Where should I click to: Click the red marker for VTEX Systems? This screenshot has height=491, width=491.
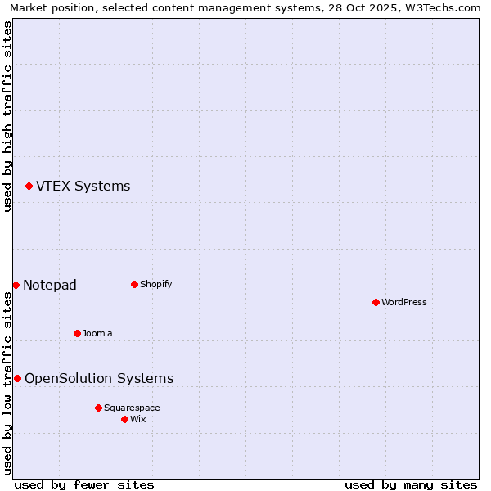(x=29, y=187)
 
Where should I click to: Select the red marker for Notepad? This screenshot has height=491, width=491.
(x=16, y=285)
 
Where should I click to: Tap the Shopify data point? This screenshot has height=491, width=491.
(x=134, y=285)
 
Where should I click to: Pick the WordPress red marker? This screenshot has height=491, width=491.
(x=376, y=303)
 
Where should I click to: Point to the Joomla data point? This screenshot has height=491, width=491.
(x=77, y=333)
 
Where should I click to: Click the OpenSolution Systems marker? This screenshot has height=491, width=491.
(x=17, y=378)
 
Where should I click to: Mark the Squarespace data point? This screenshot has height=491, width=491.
(x=98, y=408)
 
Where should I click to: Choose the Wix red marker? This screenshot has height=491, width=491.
(x=124, y=419)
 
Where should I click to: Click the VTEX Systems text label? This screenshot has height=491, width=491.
(x=83, y=187)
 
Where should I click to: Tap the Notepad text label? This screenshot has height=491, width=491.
(x=50, y=285)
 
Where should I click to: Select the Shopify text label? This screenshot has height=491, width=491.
(x=155, y=285)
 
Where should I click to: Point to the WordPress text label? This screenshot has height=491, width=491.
(x=403, y=303)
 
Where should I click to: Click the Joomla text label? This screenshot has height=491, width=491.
(x=97, y=333)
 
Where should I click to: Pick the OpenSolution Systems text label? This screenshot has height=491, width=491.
(x=99, y=378)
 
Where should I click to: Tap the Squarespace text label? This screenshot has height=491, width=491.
(x=132, y=408)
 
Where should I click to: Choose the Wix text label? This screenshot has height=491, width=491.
(x=137, y=419)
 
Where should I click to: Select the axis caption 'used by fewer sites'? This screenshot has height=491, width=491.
(x=84, y=484)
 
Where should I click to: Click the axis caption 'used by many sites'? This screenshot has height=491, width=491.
(x=411, y=484)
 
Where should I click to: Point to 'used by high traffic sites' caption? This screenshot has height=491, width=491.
(x=7, y=116)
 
